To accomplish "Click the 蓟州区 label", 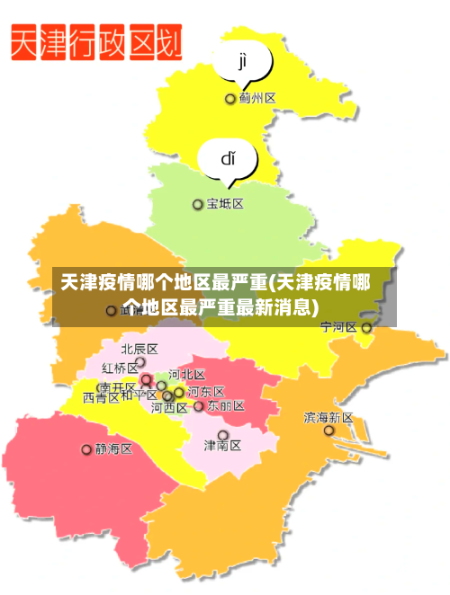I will point(257,98).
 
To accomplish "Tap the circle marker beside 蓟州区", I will point(230,99).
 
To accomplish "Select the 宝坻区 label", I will point(225,204).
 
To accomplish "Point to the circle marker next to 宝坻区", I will point(198,205).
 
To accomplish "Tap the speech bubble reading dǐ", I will point(229,160).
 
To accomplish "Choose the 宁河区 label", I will point(338,327).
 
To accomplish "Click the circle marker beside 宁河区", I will point(366,328).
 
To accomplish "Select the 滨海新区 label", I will point(328,417).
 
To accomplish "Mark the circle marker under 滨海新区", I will point(329,431).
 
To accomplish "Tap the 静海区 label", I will point(114,448).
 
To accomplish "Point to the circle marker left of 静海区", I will point(87,449).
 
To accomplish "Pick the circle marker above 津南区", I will point(223,435).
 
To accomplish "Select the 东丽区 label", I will point(226,405).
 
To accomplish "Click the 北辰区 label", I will point(139,349).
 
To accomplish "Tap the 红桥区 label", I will point(120,368).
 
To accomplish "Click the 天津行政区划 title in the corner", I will point(97,42).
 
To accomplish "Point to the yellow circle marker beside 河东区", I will point(179,392).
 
